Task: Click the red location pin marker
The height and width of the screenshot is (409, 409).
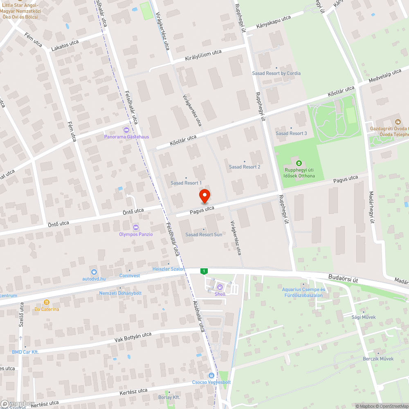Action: click(x=204, y=196)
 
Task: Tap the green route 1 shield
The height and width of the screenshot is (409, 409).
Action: click(x=204, y=271)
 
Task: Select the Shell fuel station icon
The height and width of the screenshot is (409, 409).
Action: click(x=220, y=287)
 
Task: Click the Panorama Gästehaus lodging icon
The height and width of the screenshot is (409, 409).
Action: click(x=126, y=130)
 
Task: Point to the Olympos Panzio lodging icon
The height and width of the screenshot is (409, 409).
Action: click(x=136, y=227)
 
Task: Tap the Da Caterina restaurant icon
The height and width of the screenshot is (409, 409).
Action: click(x=47, y=302)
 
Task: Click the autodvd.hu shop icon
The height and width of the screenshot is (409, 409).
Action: click(x=94, y=272)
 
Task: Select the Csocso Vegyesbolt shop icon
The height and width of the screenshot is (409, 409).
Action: click(x=211, y=375)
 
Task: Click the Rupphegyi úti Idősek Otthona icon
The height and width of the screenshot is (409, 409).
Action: click(x=299, y=162)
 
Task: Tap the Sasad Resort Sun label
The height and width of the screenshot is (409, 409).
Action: click(x=204, y=234)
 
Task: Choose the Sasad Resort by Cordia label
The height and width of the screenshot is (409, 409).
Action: click(x=276, y=73)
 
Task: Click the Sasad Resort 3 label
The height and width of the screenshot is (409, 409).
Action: click(x=291, y=133)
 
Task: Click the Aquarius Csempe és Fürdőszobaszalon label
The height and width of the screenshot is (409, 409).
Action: click(x=303, y=292)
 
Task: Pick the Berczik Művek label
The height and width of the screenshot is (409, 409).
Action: click(x=378, y=358)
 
